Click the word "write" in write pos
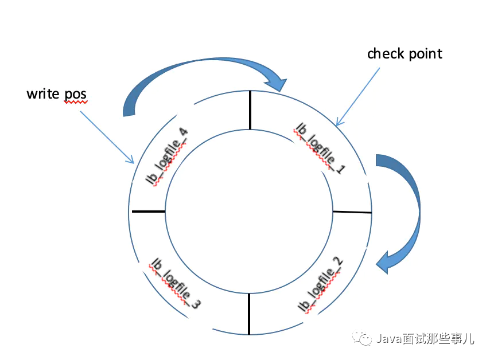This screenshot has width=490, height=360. (x=43, y=93)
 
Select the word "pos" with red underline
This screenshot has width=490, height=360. (x=75, y=94)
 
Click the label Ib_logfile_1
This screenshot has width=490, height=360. (x=317, y=148)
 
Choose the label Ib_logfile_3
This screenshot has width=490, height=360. (x=174, y=283)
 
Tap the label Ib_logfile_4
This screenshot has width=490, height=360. (x=168, y=156)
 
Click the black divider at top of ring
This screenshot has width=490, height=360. (x=250, y=110)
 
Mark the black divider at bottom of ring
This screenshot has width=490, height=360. (x=249, y=314)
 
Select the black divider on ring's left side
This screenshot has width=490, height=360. (x=148, y=212)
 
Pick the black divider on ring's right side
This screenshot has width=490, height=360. (x=352, y=212)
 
